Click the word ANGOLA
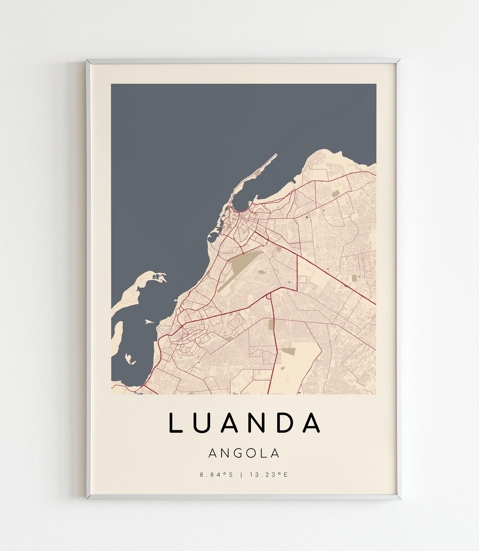coord(244,453)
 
